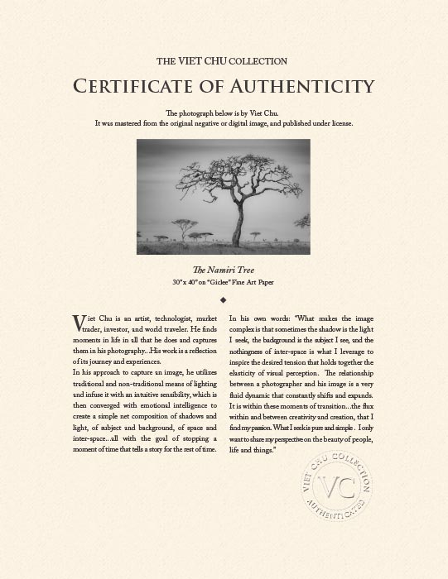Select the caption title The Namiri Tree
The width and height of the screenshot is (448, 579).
[x=224, y=270]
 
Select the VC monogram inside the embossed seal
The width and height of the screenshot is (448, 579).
[x=335, y=486]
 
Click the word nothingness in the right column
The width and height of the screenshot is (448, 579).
[x=252, y=351]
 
